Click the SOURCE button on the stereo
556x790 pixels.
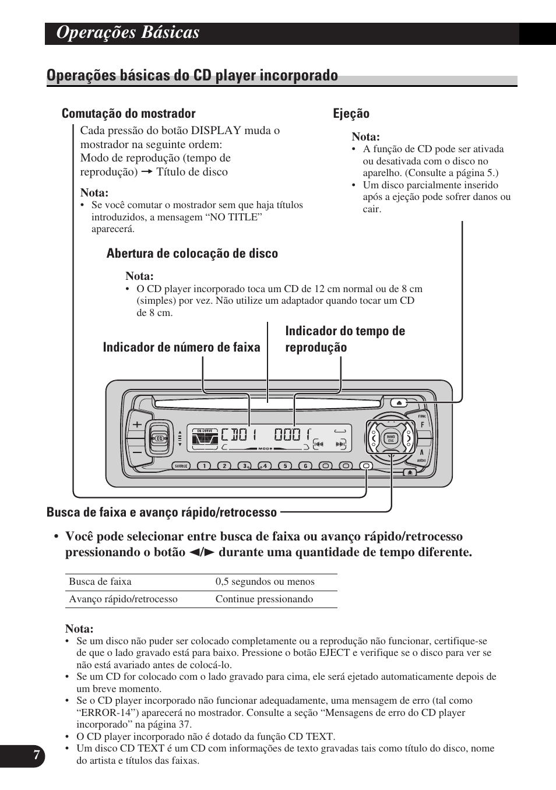click(x=182, y=466)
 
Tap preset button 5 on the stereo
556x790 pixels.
click(x=284, y=466)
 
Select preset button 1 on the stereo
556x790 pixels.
click(x=203, y=466)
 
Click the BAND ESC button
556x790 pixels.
click(x=391, y=439)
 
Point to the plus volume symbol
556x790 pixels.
click(x=138, y=424)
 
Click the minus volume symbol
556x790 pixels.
click(x=138, y=452)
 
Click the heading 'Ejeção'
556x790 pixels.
click(x=351, y=114)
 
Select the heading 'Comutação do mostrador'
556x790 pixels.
click(x=128, y=114)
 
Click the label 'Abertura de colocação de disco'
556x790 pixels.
click(x=192, y=254)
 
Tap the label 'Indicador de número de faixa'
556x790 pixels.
click(x=181, y=347)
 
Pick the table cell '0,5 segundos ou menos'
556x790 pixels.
click(x=265, y=582)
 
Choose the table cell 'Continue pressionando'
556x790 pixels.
click(x=264, y=599)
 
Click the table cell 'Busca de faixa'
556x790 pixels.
click(x=100, y=582)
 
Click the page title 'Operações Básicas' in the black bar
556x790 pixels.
click(x=128, y=33)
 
